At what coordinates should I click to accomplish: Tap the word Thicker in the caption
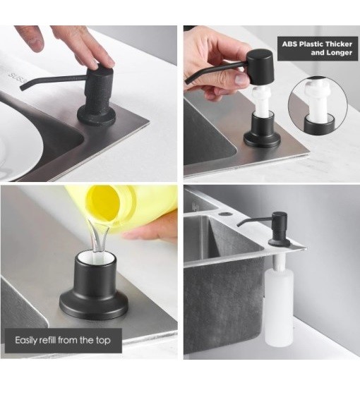(339, 44)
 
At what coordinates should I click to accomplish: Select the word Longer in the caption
(339, 53)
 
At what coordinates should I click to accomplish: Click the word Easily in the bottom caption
(26, 340)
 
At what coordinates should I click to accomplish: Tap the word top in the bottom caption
(103, 341)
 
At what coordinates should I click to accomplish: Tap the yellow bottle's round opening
(104, 202)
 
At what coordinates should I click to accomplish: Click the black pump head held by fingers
(260, 67)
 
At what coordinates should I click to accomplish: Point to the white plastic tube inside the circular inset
(318, 100)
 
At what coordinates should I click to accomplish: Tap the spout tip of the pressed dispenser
(22, 89)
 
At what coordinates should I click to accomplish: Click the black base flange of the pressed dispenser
(97, 116)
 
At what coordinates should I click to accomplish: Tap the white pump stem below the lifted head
(263, 101)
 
